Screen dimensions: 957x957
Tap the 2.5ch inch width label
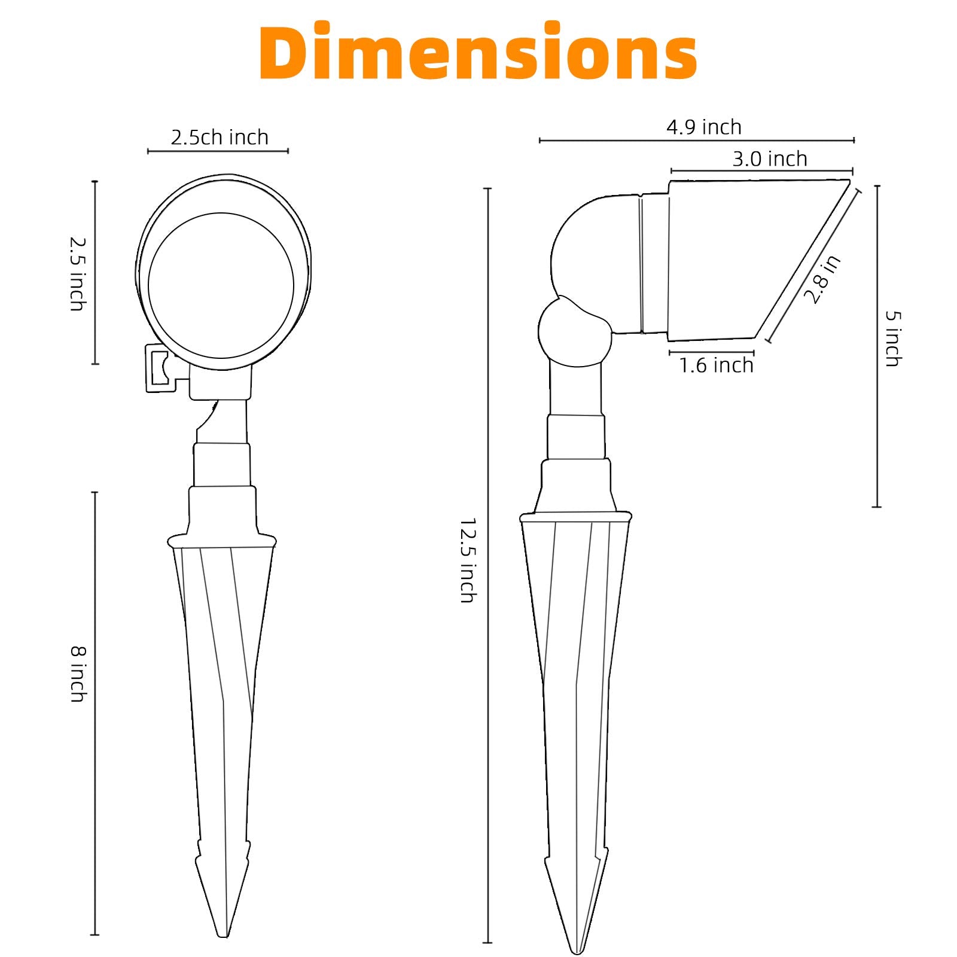tap(220, 138)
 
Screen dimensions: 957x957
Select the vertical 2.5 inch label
tap(77, 274)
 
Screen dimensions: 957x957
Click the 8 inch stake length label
tap(78, 673)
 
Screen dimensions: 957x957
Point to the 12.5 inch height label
tap(468, 560)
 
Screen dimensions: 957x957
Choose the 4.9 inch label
tap(704, 127)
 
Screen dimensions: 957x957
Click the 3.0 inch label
tap(770, 159)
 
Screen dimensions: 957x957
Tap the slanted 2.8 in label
tap(822, 279)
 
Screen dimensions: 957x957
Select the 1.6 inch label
tap(716, 365)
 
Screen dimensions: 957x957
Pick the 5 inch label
tap(892, 339)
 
